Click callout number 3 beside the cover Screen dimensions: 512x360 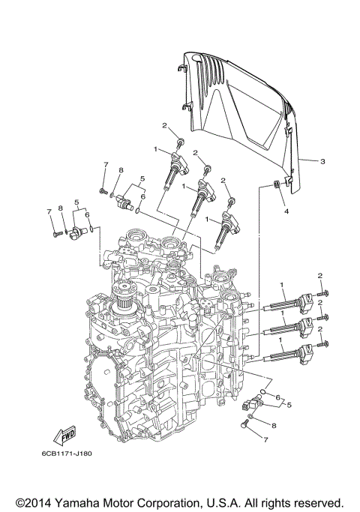(322, 161)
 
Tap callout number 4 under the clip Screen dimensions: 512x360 (286, 211)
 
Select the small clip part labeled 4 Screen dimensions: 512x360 (276, 185)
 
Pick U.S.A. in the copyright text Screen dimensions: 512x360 (234, 501)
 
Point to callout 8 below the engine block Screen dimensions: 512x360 (274, 425)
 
